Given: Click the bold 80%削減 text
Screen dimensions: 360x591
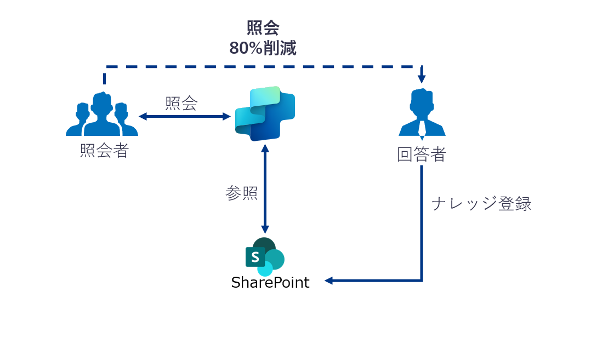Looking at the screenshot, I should tap(263, 48).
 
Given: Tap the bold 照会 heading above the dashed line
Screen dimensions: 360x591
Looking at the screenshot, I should tap(263, 28).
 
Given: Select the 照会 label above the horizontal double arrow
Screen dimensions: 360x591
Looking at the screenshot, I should tap(181, 103).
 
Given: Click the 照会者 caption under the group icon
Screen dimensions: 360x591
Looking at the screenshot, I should tap(104, 151).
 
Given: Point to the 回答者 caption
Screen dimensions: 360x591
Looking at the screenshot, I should tap(421, 155).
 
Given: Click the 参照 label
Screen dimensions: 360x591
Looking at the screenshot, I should tap(241, 193).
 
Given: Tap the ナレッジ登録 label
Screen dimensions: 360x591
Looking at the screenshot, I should tap(481, 204).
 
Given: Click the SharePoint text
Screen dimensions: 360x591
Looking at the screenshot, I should tap(270, 283).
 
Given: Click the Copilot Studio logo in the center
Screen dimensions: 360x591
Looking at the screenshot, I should tap(265, 113).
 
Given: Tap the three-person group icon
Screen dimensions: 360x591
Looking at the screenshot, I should tap(102, 115).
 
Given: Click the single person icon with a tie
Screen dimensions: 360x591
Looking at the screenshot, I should tap(422, 112).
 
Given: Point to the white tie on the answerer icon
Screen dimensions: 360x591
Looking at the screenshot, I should tap(422, 127).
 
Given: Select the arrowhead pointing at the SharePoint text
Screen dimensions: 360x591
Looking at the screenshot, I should tap(329, 281).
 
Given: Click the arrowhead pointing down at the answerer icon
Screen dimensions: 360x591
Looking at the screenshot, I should tap(422, 78).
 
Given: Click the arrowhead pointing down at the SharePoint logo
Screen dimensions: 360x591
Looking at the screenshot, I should tap(265, 229).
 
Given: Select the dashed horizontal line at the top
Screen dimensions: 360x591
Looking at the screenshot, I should tap(263, 67).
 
